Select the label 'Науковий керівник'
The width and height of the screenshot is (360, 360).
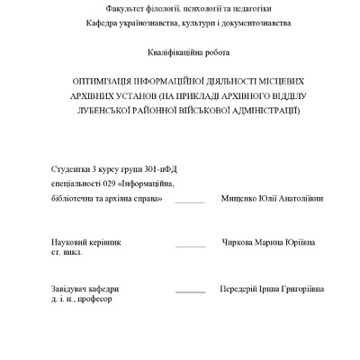(x=85, y=243)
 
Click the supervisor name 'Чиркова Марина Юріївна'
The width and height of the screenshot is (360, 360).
(x=268, y=243)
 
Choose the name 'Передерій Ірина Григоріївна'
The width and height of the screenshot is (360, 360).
(x=272, y=289)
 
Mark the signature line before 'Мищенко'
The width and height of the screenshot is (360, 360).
(x=190, y=201)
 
